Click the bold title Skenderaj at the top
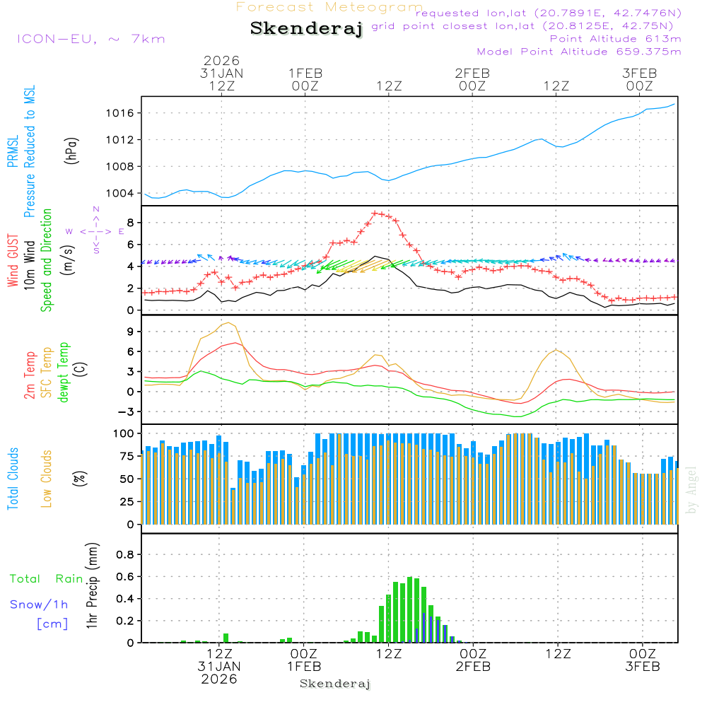(x=306, y=28)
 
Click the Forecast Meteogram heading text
(x=329, y=7)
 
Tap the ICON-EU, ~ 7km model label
(x=90, y=38)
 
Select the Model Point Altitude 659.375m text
(x=578, y=52)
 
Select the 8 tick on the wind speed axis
(x=130, y=223)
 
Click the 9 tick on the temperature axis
(x=130, y=332)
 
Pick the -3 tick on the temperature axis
(x=128, y=411)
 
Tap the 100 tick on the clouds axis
(x=125, y=433)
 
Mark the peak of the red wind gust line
(x=375, y=212)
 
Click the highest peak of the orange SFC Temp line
(x=228, y=322)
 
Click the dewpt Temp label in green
(x=63, y=372)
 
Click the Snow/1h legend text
(x=40, y=604)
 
